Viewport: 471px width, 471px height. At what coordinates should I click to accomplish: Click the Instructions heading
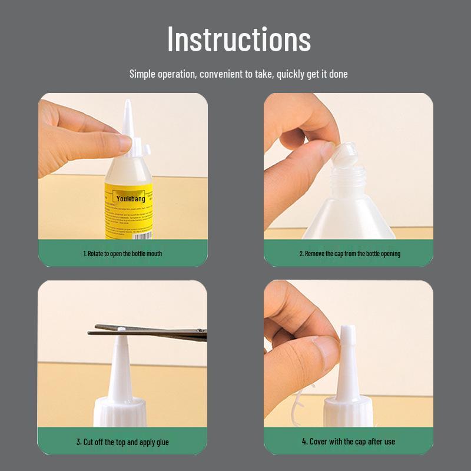tap(238, 39)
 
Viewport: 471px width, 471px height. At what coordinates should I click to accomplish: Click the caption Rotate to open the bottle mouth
tap(122, 254)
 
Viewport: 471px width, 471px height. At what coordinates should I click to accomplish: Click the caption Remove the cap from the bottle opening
tap(349, 254)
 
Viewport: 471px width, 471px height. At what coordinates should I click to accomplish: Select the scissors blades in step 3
tap(147, 331)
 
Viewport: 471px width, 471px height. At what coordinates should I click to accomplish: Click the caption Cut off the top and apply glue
tap(122, 442)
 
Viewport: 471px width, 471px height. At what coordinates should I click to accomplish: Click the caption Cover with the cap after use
tap(349, 442)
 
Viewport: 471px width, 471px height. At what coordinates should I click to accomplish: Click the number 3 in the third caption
tap(78, 442)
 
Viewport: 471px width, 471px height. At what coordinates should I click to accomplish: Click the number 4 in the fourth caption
tap(304, 442)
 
